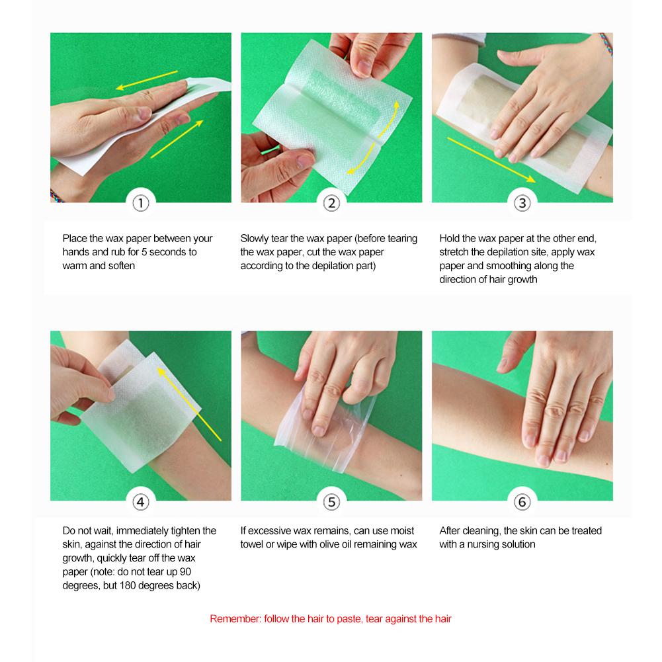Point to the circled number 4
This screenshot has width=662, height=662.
click(140, 502)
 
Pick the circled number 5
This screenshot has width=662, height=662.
click(331, 502)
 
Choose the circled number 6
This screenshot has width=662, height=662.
click(522, 502)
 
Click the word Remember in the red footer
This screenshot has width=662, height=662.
click(233, 620)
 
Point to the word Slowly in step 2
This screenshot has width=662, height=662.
click(255, 239)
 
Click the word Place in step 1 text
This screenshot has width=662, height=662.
click(75, 239)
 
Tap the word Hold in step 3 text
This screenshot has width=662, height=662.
click(450, 239)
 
